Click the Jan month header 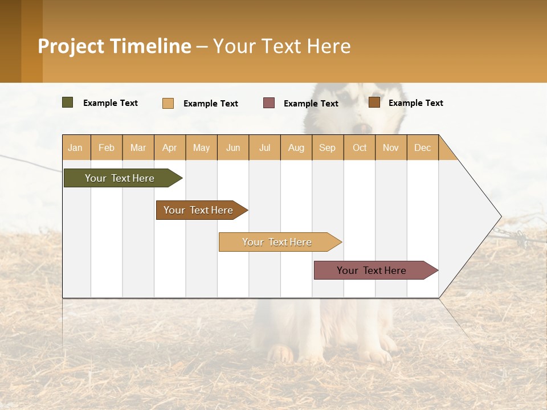[x=75, y=147]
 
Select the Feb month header [x=107, y=147]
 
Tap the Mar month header [x=138, y=147]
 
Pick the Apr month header [x=169, y=147]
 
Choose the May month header [x=201, y=147]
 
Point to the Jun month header [x=233, y=147]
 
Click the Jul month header [x=264, y=147]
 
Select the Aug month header [x=296, y=147]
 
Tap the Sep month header [x=327, y=147]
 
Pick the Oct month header [x=360, y=147]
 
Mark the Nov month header [x=391, y=147]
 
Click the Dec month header [x=422, y=147]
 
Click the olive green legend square [x=68, y=102]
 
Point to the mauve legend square [x=269, y=103]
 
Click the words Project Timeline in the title [x=115, y=46]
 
